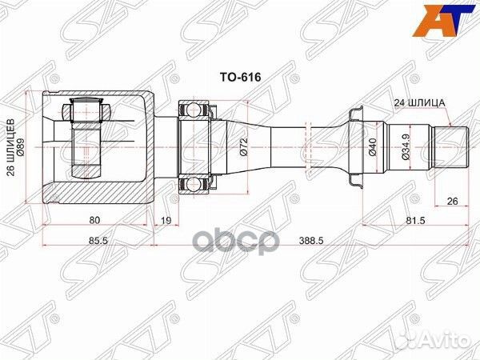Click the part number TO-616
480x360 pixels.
[241, 79]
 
